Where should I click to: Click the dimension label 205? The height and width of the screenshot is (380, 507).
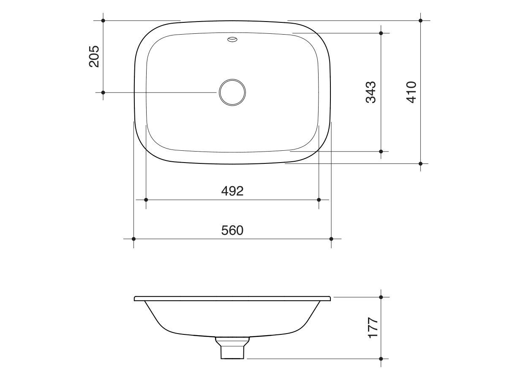94,56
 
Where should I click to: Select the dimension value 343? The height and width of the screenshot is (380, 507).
371,92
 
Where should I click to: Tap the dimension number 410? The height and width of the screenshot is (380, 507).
411,92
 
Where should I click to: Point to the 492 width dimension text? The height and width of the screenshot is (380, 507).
232,191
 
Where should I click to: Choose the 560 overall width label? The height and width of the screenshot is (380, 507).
232,231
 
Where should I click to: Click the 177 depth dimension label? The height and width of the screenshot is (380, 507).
372,328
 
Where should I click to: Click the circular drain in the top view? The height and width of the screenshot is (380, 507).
232,92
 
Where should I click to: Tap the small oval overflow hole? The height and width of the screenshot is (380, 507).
232,40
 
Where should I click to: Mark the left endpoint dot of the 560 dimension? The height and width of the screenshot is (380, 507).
134,239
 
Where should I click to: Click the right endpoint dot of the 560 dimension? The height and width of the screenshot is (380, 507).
331,239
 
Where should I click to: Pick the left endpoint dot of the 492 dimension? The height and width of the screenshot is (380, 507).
146,200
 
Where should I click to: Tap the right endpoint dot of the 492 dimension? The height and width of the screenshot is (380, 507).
319,200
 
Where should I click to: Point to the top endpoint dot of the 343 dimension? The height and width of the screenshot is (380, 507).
381,33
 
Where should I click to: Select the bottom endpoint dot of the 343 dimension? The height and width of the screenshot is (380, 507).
381,151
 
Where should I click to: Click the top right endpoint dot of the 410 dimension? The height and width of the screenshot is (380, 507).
420,20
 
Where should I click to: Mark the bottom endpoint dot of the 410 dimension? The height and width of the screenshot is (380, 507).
420,163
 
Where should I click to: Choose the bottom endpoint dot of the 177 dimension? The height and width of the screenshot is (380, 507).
381,359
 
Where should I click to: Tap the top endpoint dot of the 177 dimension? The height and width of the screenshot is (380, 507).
381,297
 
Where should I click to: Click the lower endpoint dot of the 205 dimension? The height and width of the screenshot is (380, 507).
103,92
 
